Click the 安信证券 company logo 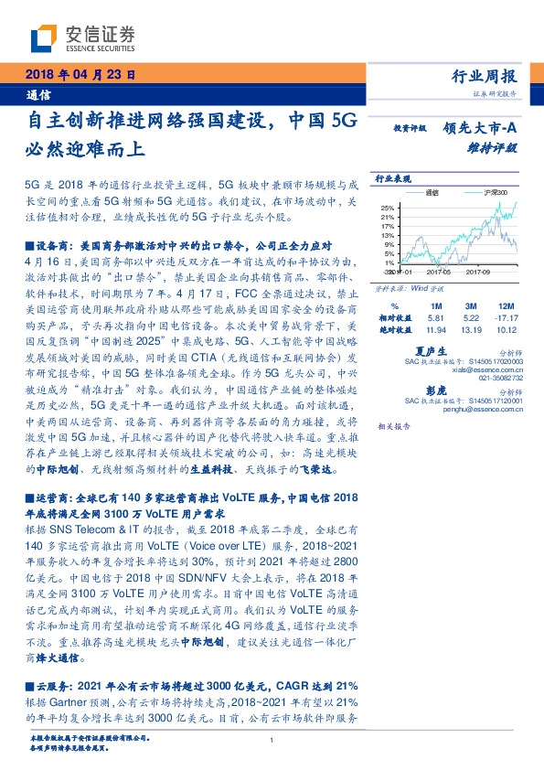click(x=83, y=37)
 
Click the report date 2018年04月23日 click(x=80, y=76)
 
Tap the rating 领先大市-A click(x=481, y=129)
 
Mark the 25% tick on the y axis click(x=388, y=207)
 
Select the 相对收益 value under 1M click(x=435, y=317)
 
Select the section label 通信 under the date click(x=38, y=93)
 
